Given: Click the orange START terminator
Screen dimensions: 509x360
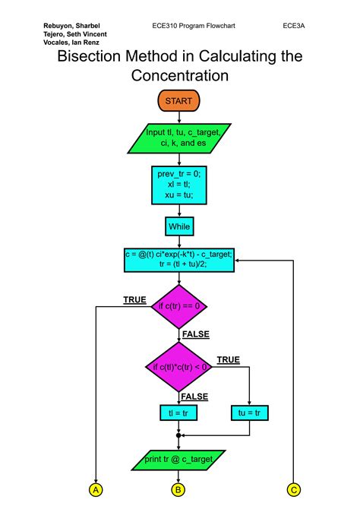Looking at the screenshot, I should click(x=178, y=100).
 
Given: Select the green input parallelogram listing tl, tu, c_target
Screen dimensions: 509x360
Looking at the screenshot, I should click(x=180, y=138).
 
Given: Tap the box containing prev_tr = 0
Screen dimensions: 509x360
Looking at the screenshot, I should click(x=179, y=184).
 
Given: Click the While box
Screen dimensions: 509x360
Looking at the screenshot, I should click(x=179, y=226).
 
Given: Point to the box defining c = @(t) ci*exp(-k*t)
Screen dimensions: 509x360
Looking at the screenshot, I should click(x=180, y=259).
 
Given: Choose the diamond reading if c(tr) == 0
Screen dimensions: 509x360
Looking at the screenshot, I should click(x=179, y=306).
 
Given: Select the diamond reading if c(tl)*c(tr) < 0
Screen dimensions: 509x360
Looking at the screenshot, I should click(x=179, y=367).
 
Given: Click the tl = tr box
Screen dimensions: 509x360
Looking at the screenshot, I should click(x=179, y=413).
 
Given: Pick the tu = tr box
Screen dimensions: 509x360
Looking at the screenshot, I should click(x=250, y=413).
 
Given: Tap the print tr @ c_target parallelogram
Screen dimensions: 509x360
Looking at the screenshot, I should click(x=179, y=459).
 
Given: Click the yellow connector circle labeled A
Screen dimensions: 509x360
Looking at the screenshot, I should click(x=96, y=490).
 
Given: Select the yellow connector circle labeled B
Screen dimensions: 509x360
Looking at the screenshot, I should click(x=179, y=490).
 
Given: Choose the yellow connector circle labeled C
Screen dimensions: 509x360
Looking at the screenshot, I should click(x=294, y=490).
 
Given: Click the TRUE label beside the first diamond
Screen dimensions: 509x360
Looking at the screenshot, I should click(x=134, y=300).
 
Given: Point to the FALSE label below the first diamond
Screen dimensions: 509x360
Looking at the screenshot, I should click(x=195, y=334).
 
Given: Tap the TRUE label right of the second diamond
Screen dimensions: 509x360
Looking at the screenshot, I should click(x=228, y=359).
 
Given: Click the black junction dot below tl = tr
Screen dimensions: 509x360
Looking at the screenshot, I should click(x=179, y=435).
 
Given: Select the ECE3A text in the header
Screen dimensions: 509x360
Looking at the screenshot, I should click(x=294, y=25).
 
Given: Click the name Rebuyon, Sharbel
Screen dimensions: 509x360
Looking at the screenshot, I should click(x=72, y=25).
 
